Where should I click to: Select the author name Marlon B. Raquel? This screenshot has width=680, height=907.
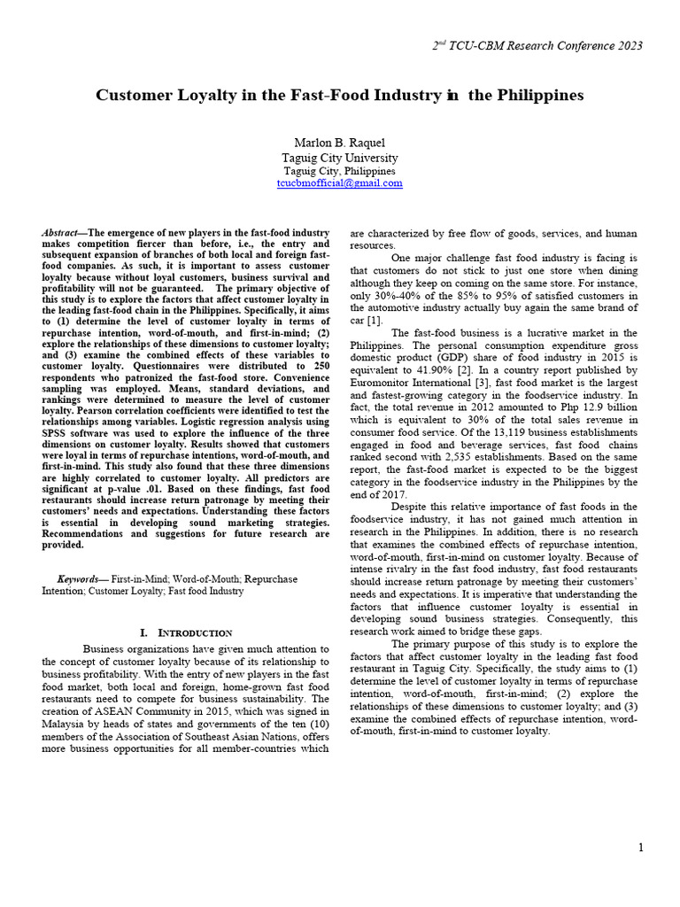[x=339, y=143]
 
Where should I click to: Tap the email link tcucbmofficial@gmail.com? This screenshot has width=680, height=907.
[x=339, y=183]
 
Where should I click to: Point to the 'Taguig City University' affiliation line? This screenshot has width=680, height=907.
[x=339, y=157]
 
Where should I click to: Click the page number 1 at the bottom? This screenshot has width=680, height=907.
[x=641, y=849]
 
